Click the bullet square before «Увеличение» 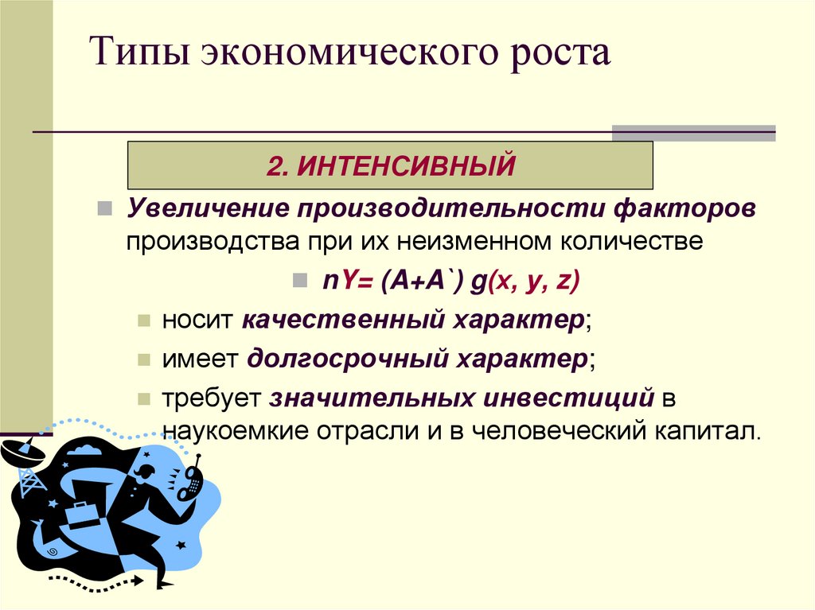[x=103, y=210]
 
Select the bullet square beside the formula [x=299, y=281]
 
